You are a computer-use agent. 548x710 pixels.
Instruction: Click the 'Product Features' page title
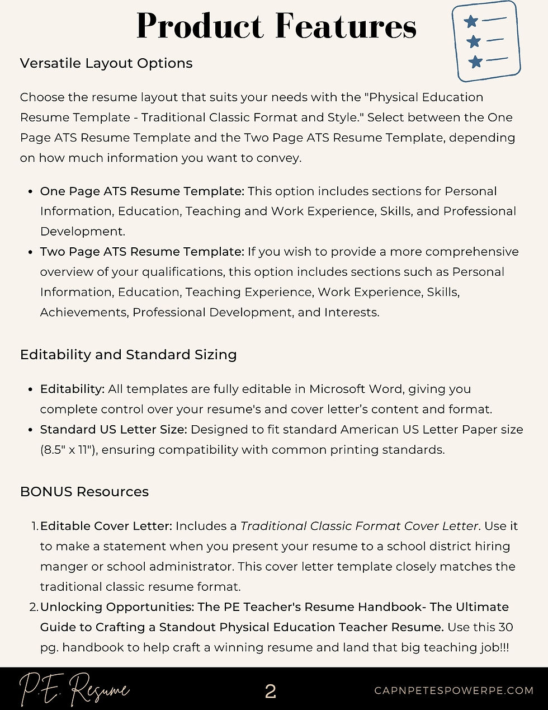(276, 26)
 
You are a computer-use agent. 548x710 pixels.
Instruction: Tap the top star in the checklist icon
(471, 21)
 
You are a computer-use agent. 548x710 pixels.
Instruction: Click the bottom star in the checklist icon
(476, 62)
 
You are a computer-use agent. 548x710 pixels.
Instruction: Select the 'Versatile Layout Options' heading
(106, 63)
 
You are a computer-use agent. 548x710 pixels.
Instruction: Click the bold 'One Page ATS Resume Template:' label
(142, 191)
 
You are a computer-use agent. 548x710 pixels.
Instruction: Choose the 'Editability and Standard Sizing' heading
(128, 355)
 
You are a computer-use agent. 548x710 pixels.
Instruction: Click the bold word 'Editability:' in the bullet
(72, 389)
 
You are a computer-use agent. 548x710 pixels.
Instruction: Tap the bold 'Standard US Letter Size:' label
(114, 430)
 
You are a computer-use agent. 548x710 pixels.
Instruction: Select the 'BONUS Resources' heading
(84, 492)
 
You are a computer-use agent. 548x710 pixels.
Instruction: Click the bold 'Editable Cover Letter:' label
(106, 526)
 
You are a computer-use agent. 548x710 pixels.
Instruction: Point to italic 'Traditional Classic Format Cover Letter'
(359, 526)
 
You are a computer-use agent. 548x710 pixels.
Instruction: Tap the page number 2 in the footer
(271, 692)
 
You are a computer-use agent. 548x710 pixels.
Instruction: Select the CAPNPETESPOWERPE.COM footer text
(453, 690)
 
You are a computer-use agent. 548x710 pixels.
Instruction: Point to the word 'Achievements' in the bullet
(83, 312)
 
